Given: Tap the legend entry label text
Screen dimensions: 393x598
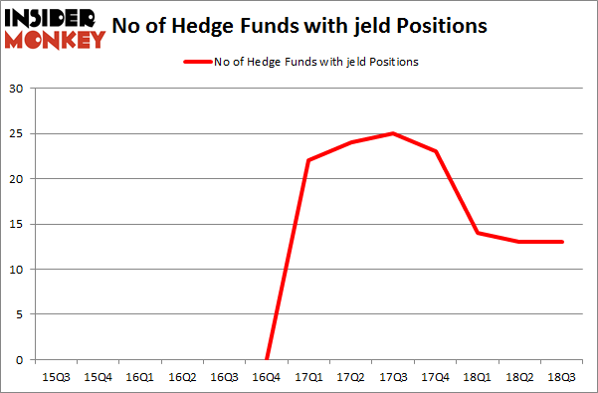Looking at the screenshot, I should click(316, 62).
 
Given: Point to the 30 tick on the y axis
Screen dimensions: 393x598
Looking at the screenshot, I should click(16, 90).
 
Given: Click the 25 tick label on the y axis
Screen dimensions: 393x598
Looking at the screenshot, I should click(16, 134).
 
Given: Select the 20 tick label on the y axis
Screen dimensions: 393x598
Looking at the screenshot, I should click(16, 179).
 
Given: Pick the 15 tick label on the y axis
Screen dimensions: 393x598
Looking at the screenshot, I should click(16, 225).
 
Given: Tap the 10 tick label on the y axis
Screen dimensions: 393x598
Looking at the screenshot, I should click(16, 270).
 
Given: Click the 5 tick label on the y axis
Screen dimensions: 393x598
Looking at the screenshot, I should click(19, 314).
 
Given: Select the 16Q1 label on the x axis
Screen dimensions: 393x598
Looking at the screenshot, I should click(139, 377).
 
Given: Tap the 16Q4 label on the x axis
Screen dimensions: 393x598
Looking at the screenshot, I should click(267, 377).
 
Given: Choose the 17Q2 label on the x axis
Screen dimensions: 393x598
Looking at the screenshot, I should click(351, 377).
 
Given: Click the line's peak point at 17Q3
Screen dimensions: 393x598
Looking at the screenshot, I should click(394, 133).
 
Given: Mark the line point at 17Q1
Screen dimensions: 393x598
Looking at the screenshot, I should click(309, 160).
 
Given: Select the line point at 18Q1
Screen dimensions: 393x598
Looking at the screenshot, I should click(479, 233).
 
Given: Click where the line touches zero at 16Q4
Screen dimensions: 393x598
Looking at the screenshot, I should click(267, 359).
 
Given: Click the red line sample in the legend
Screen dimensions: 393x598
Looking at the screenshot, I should click(196, 62).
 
